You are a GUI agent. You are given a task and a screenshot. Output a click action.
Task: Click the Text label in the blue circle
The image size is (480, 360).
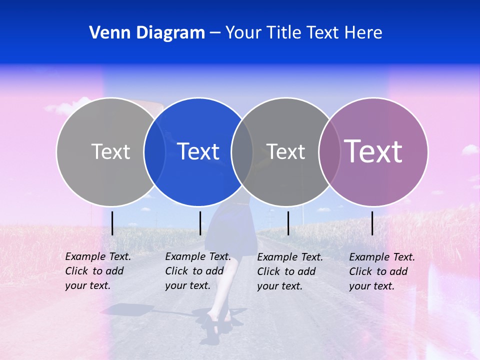pos(198,151)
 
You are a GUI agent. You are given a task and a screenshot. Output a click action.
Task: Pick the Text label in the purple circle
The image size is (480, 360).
pos(373,151)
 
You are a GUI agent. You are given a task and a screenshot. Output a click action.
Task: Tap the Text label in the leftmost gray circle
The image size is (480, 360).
pos(110,151)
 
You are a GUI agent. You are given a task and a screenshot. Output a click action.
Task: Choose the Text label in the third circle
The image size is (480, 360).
pos(285,151)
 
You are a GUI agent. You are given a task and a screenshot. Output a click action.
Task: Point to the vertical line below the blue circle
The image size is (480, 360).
pos(200,223)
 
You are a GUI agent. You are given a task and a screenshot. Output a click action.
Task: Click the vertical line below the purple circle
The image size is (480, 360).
pos(372,223)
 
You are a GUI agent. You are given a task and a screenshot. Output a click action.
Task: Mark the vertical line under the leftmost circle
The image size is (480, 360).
pos(112,223)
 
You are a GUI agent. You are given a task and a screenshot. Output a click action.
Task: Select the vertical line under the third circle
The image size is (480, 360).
pos(288,223)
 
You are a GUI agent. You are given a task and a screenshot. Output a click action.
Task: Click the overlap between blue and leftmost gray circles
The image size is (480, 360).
pos(154,151)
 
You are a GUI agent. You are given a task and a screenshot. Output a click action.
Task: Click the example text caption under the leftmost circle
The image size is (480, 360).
pos(97,271)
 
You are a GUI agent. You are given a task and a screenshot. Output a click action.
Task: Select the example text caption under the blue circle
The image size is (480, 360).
pos(197,271)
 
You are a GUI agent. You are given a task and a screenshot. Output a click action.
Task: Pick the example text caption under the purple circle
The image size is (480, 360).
pos(381,271)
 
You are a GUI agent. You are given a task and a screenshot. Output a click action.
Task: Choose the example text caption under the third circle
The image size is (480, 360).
pos(289,271)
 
